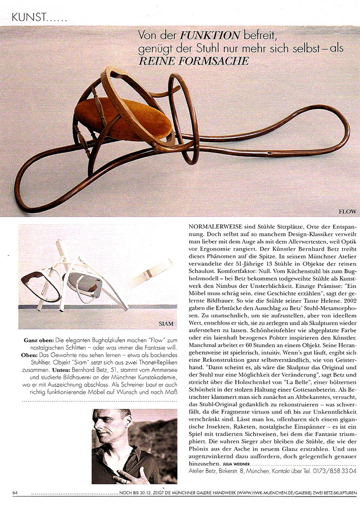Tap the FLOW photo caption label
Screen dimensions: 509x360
click(347, 211)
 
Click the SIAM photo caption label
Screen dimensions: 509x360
click(166, 323)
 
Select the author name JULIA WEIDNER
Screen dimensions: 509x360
click(236, 464)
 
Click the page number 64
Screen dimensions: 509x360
click(15, 493)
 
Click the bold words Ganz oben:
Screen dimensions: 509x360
click(39, 340)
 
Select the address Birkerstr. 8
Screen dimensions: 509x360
click(232, 471)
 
